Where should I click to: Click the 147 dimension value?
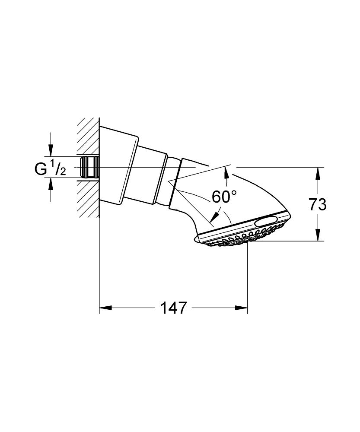click(173, 308)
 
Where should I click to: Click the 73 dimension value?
click(317, 204)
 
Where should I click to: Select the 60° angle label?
click(224, 196)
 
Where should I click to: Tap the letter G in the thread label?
click(41, 169)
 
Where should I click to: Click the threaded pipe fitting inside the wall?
click(89, 167)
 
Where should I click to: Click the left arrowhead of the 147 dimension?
click(105, 308)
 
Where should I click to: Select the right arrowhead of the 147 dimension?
click(241, 308)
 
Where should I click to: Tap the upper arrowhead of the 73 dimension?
click(318, 174)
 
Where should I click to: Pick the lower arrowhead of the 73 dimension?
click(318, 235)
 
